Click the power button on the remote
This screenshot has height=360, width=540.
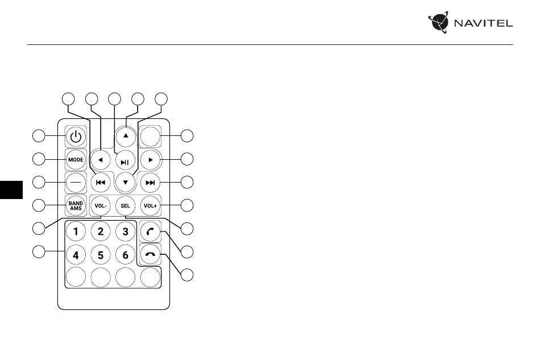76,136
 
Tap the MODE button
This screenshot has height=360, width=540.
76,159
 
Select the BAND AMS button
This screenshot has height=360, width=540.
76,206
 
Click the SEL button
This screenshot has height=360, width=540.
126,206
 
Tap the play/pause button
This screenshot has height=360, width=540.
126,161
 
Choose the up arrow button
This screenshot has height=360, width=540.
126,136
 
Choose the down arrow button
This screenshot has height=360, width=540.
126,182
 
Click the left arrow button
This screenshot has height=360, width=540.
101,160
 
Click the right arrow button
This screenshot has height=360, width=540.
151,160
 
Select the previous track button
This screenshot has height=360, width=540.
101,183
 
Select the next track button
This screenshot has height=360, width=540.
151,183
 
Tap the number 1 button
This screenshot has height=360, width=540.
76,231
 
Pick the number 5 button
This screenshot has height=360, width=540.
101,255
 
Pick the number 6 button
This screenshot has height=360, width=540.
126,255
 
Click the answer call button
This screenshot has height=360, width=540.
151,231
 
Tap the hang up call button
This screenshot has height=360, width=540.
151,255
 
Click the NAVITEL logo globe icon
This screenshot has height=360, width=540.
439,22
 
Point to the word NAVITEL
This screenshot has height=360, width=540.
484,23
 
